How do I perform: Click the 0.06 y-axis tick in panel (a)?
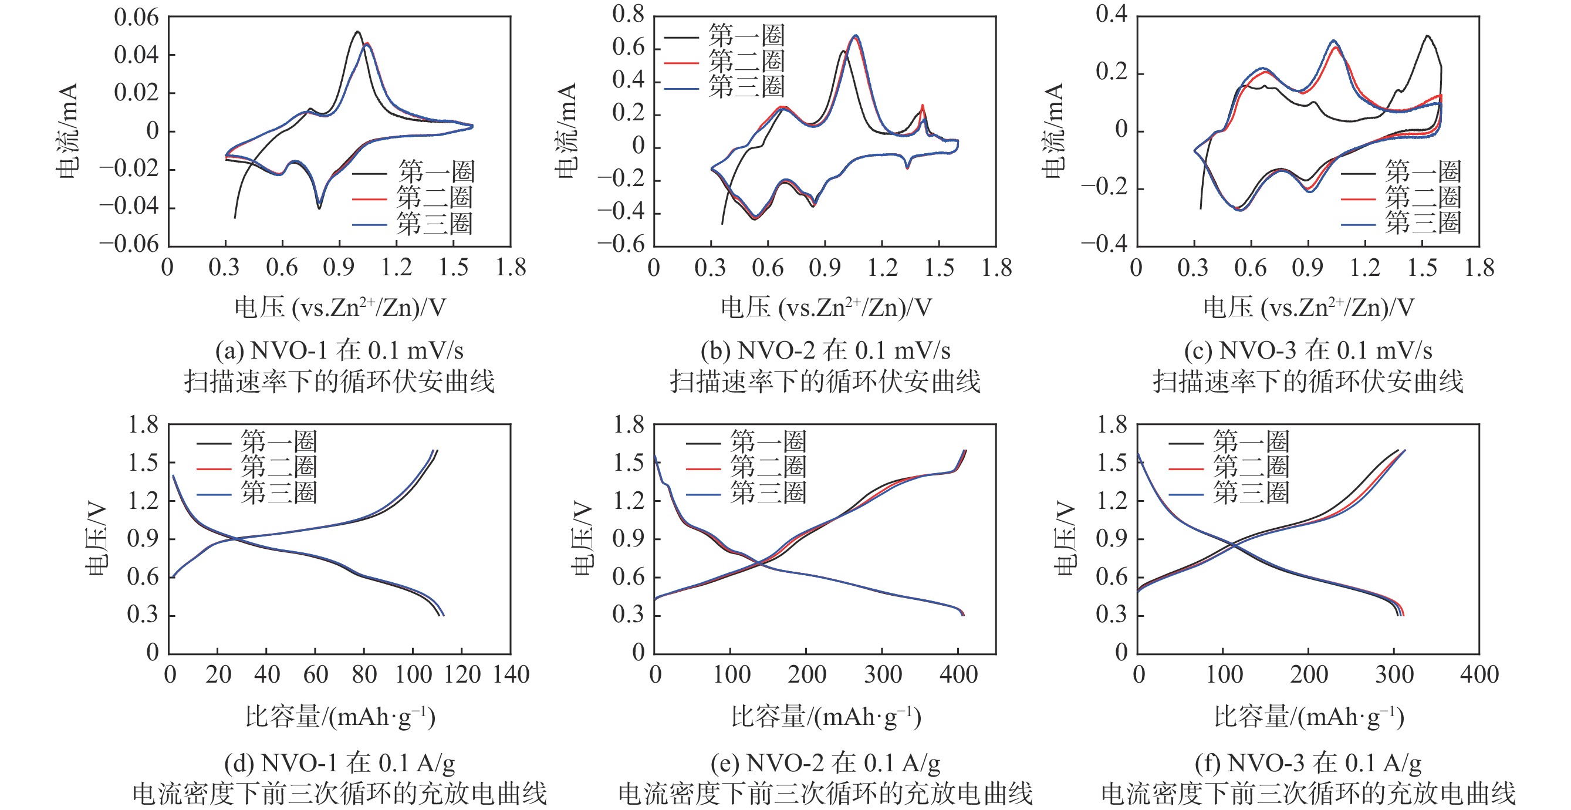[136, 18]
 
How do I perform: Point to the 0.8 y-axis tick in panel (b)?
[628, 14]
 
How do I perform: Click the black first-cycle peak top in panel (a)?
[357, 32]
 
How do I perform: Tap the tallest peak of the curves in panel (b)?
[856, 36]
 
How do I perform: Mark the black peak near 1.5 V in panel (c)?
[1427, 36]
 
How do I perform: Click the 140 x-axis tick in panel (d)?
[511, 674]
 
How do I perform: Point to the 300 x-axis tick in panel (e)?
[883, 674]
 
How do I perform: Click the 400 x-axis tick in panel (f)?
[1479, 674]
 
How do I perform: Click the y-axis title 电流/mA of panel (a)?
[67, 130]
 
